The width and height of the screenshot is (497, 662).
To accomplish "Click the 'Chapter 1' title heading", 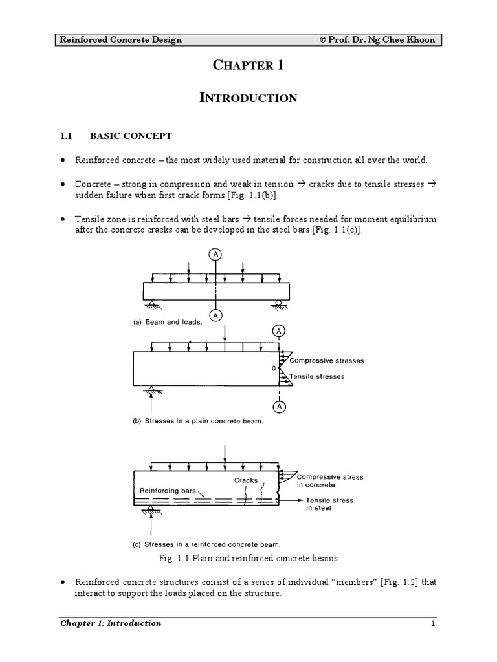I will [248, 65].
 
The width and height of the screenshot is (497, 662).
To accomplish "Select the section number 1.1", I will [65, 136].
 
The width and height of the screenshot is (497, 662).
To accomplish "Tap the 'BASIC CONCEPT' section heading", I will [131, 136].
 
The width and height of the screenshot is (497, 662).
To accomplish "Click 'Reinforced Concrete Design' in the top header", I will [121, 40].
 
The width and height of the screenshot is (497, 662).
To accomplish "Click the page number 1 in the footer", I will [434, 623].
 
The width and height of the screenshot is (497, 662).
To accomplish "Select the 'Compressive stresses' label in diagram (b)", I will [327, 361].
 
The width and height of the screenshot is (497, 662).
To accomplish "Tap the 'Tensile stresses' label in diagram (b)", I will [317, 376].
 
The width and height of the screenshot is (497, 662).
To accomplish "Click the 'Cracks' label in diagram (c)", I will [246, 480].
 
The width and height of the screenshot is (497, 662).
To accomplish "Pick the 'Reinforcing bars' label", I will [168, 491].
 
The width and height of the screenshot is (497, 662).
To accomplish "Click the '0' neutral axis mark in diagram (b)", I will [274, 368].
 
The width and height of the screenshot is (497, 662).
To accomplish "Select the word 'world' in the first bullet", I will [414, 160].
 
